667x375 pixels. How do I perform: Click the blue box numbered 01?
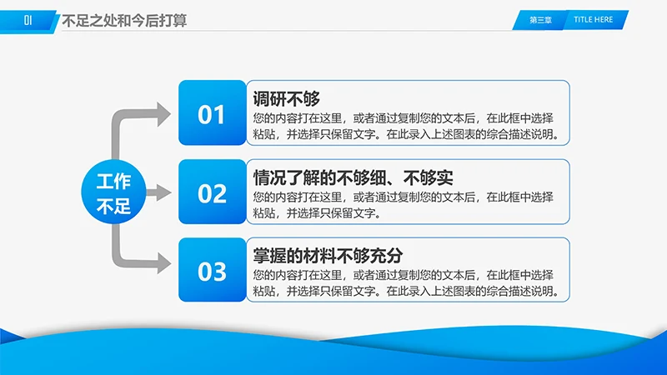212,114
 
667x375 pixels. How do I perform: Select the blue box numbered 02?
212,193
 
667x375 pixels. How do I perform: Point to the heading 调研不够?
286,98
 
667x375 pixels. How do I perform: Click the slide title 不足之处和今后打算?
124,22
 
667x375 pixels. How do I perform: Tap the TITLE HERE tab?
593,20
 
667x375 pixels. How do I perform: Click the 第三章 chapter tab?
540,20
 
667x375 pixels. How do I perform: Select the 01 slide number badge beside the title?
28,22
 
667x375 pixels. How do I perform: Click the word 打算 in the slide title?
169,22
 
